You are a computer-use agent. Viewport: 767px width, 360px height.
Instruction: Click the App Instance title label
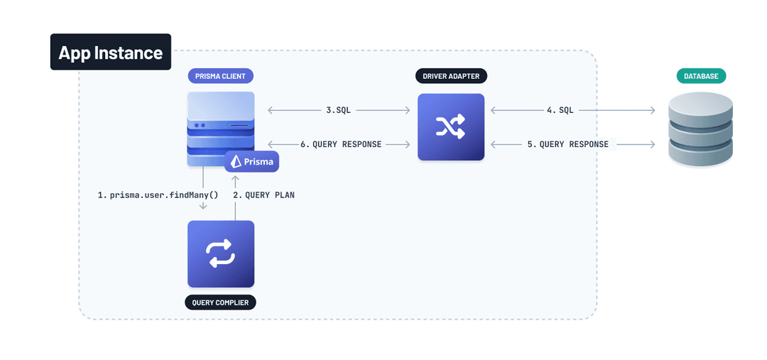tap(110, 52)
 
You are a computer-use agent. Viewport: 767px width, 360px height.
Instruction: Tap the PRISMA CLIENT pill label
tap(220, 76)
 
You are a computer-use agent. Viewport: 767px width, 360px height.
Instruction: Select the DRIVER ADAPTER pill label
tap(451, 76)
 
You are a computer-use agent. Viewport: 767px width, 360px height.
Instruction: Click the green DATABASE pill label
tap(700, 76)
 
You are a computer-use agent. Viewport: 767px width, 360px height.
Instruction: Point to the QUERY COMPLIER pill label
tap(221, 302)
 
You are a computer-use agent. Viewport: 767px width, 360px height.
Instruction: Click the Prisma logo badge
tap(252, 161)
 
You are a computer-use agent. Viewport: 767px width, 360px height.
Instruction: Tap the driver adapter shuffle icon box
tap(451, 127)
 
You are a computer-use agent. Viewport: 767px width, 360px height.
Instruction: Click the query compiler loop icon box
tap(221, 253)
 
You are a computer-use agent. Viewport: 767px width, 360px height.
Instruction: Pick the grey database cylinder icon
tap(700, 132)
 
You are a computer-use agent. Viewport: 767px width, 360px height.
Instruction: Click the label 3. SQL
tap(338, 110)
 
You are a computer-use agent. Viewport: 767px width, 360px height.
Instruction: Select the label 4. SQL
tap(560, 110)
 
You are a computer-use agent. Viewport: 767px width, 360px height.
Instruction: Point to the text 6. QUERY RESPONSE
tap(341, 144)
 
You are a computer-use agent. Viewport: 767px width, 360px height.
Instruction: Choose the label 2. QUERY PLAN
tap(263, 195)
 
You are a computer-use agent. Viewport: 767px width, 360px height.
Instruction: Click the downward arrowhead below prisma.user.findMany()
tap(203, 207)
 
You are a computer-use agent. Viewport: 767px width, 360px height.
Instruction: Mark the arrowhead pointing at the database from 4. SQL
tap(652, 110)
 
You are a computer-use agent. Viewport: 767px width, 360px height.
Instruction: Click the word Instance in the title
tap(131, 52)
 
